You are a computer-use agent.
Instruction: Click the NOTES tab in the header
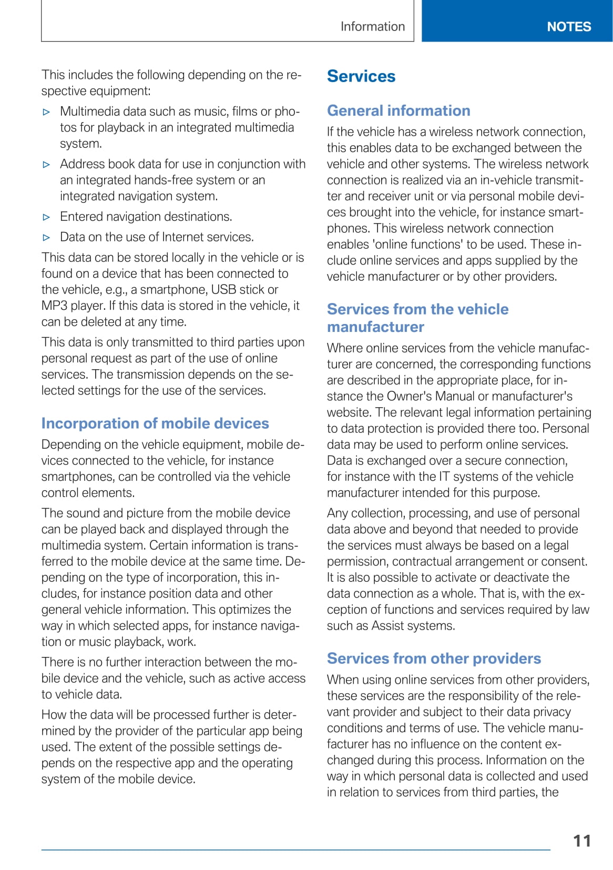coord(569,26)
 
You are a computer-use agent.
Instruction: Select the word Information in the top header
coord(373,26)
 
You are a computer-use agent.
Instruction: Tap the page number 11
coord(582,841)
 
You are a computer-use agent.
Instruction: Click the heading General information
coord(399,110)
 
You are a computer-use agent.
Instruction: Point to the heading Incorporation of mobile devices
coord(155,423)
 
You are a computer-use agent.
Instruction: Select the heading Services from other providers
coord(434,659)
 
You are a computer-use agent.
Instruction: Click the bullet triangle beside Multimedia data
coord(47,112)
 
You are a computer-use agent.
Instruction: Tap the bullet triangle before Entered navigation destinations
coord(47,217)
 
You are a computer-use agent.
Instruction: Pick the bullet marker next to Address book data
coord(47,165)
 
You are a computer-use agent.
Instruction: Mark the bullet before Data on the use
coord(47,238)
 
